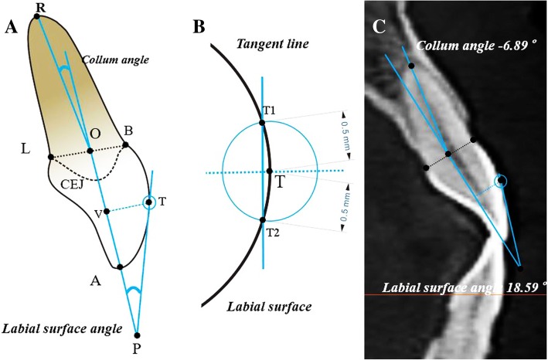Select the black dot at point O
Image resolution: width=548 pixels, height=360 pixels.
tap(90, 150)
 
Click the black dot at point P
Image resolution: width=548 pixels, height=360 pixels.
tap(138, 336)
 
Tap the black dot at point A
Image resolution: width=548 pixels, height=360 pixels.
tap(120, 267)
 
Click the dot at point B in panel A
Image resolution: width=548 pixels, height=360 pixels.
tap(125, 144)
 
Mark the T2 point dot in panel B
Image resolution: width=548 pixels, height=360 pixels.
tap(263, 220)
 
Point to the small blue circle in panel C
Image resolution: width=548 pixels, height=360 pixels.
tap(502, 182)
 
